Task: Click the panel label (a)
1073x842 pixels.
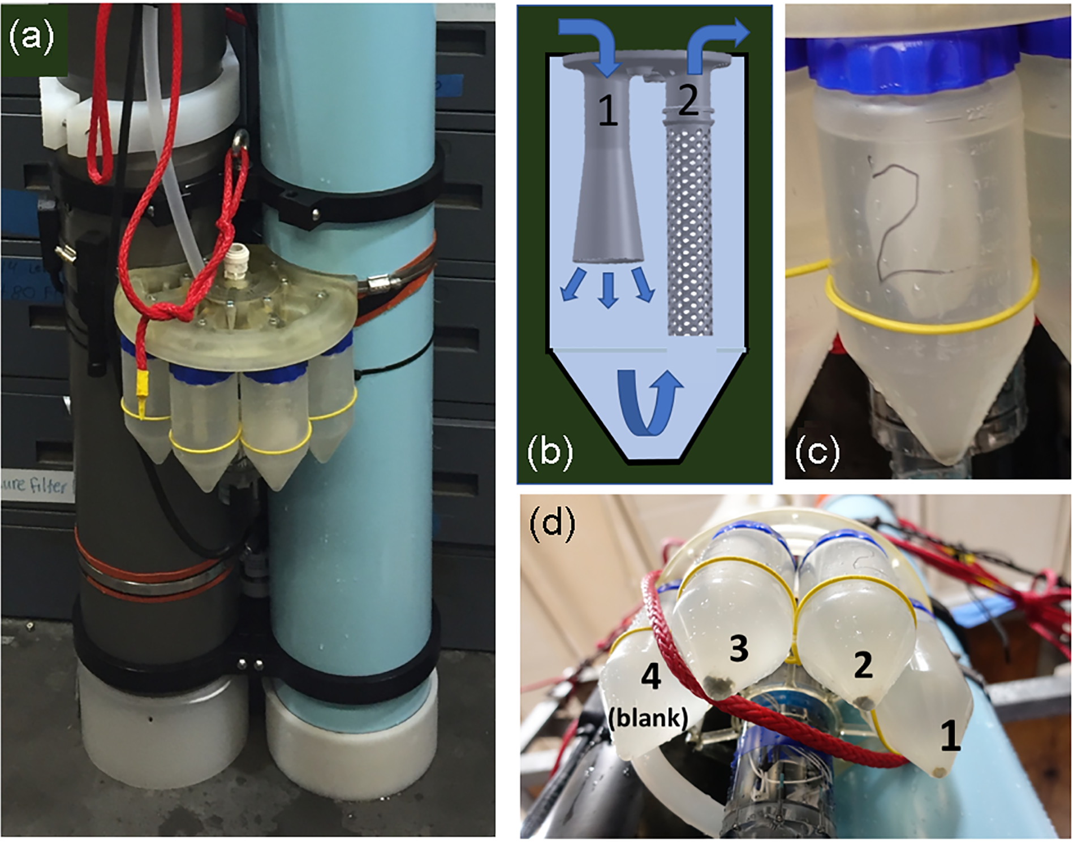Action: coord(32,37)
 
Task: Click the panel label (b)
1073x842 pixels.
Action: coord(549,451)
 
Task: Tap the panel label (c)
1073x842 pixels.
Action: coord(817,452)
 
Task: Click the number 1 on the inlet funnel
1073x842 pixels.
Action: coord(607,111)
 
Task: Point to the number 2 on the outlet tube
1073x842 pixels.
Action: coord(687,102)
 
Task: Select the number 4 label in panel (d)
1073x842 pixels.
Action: coord(650,677)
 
